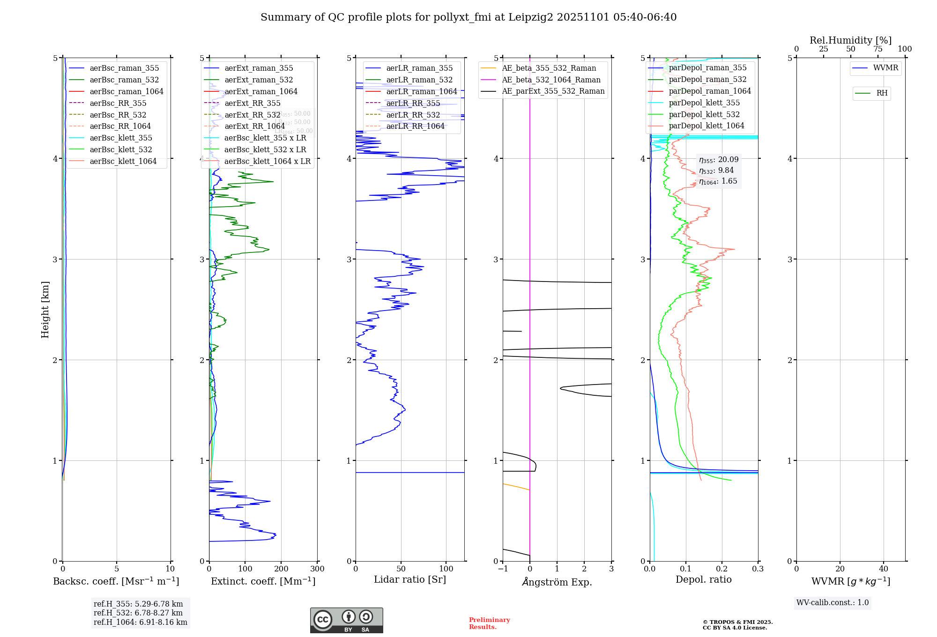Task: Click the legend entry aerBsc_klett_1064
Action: [123, 161]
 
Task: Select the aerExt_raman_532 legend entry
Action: [259, 80]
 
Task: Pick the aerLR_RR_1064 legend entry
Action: [415, 126]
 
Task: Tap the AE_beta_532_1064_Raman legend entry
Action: [551, 80]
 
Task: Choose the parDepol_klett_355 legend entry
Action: [704, 103]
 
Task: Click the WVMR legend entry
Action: [885, 68]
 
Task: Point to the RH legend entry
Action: [882, 93]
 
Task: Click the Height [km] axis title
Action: [45, 309]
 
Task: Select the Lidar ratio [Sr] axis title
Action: [409, 579]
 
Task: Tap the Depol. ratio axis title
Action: [703, 579]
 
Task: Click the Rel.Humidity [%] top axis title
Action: [850, 40]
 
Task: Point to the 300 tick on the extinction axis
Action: [317, 569]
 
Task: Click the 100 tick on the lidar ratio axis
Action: [446, 569]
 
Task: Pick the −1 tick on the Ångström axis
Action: [503, 569]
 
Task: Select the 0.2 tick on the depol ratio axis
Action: [722, 569]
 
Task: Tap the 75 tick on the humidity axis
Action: [878, 49]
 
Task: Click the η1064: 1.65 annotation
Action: [718, 181]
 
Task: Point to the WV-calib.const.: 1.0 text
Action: [833, 602]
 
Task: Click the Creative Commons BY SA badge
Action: [346, 620]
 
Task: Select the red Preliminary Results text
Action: [489, 623]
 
